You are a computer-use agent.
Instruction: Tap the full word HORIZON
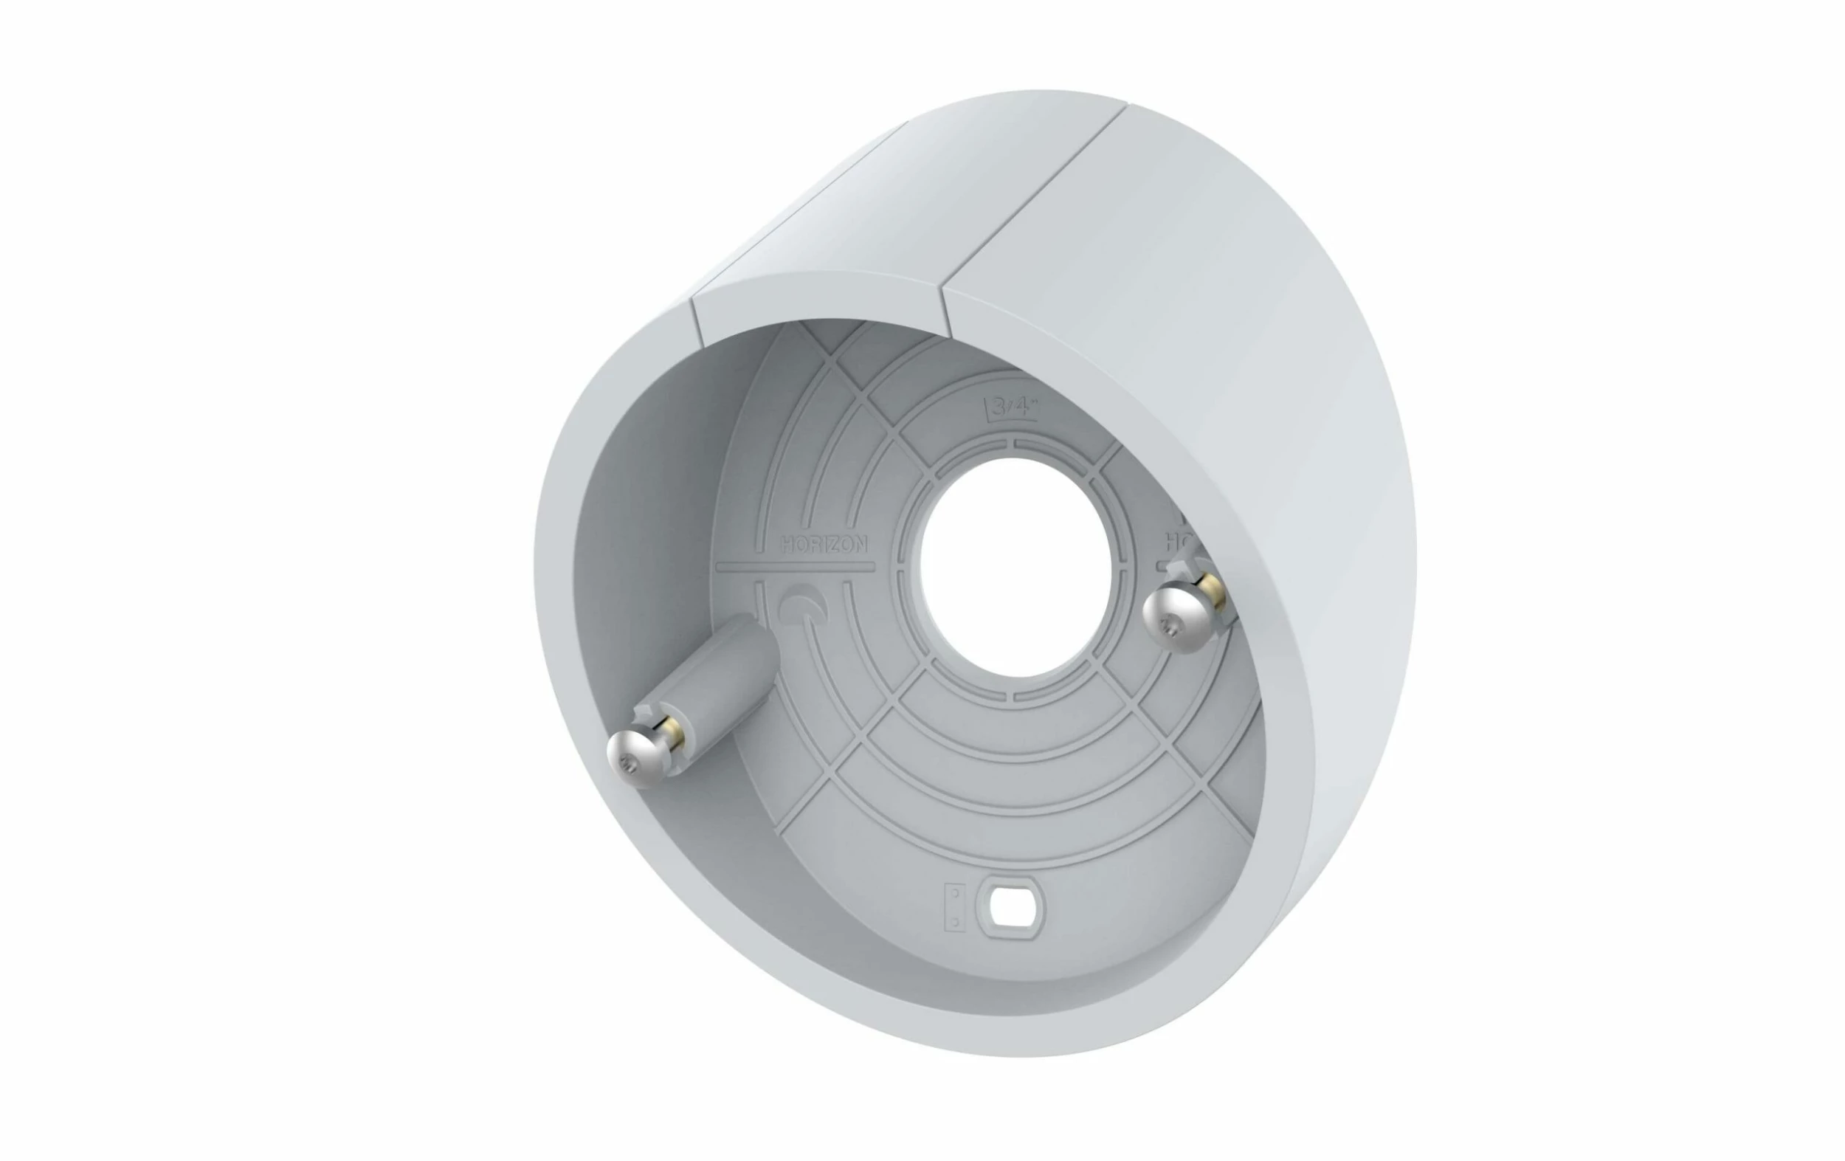[x=824, y=545]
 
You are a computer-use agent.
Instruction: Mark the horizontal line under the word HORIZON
[x=795, y=567]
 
